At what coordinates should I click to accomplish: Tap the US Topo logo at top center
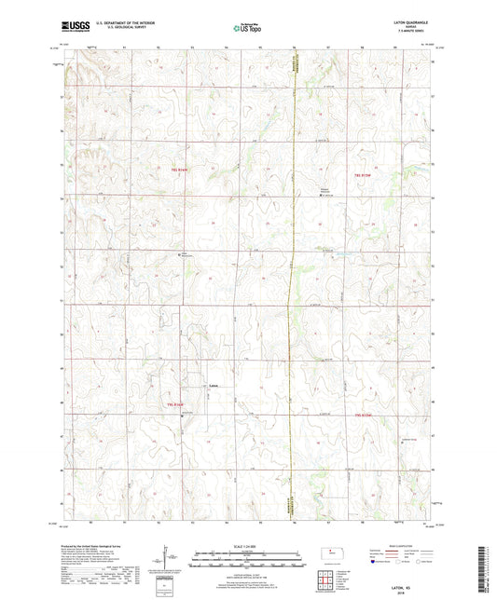[x=247, y=29]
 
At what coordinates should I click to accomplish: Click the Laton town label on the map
[x=213, y=386]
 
